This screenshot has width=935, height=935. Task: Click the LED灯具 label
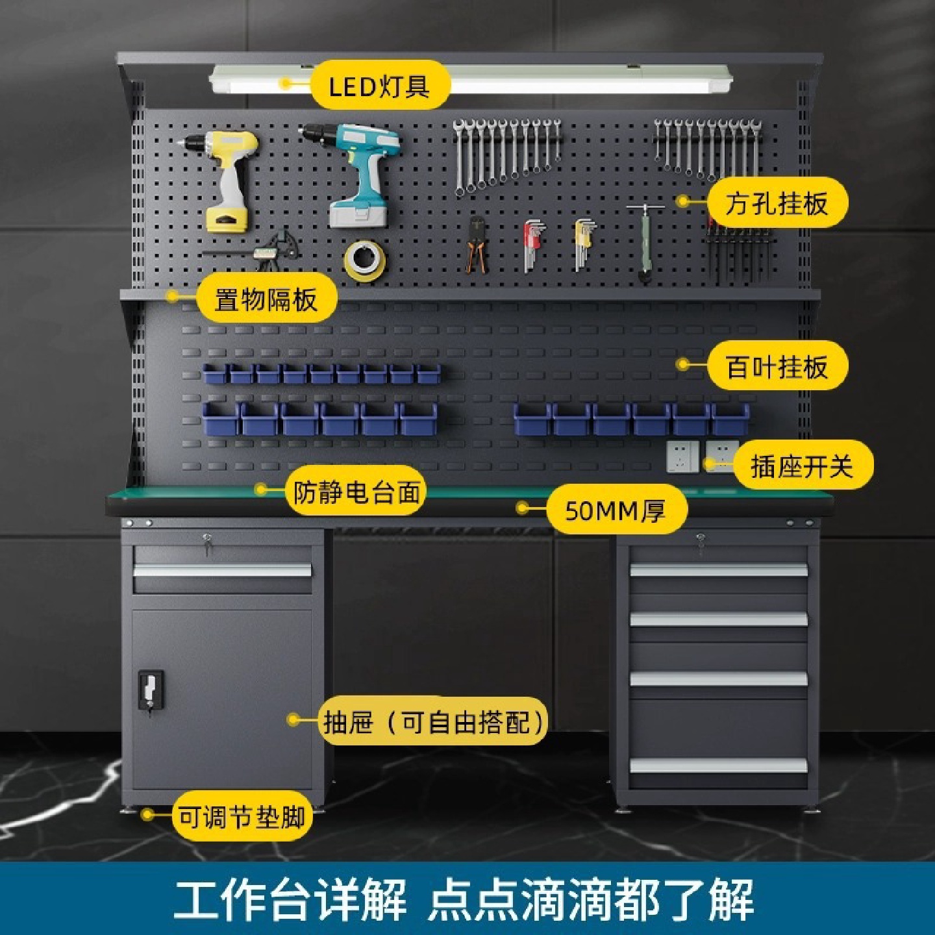pyautogui.click(x=379, y=86)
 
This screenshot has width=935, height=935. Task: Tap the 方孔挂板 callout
pyautogui.click(x=777, y=203)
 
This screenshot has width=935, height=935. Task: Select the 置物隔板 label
pyautogui.click(x=266, y=299)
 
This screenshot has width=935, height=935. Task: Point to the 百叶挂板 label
pyautogui.click(x=777, y=367)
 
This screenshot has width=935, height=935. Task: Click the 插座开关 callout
pyautogui.click(x=802, y=466)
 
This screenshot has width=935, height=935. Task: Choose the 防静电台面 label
pyautogui.click(x=356, y=492)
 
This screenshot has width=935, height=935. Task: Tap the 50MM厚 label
pyautogui.click(x=615, y=511)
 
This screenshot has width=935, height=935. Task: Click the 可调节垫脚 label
pyautogui.click(x=242, y=816)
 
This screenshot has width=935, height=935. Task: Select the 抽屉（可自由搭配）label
pyautogui.click(x=434, y=721)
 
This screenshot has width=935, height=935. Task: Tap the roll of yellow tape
pyautogui.click(x=365, y=260)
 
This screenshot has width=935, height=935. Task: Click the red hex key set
pyautogui.click(x=534, y=243)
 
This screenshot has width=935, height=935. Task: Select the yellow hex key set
pyautogui.click(x=584, y=242)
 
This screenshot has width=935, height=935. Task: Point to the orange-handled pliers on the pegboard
pyautogui.click(x=477, y=245)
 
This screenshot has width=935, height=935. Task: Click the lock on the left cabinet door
pyautogui.click(x=150, y=692)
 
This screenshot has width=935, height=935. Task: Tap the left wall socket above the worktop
pyautogui.click(x=682, y=456)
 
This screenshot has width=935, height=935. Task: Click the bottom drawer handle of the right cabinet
pyautogui.click(x=718, y=765)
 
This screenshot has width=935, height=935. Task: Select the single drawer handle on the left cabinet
pyautogui.click(x=222, y=570)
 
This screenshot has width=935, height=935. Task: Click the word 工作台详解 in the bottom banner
pyautogui.click(x=290, y=899)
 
